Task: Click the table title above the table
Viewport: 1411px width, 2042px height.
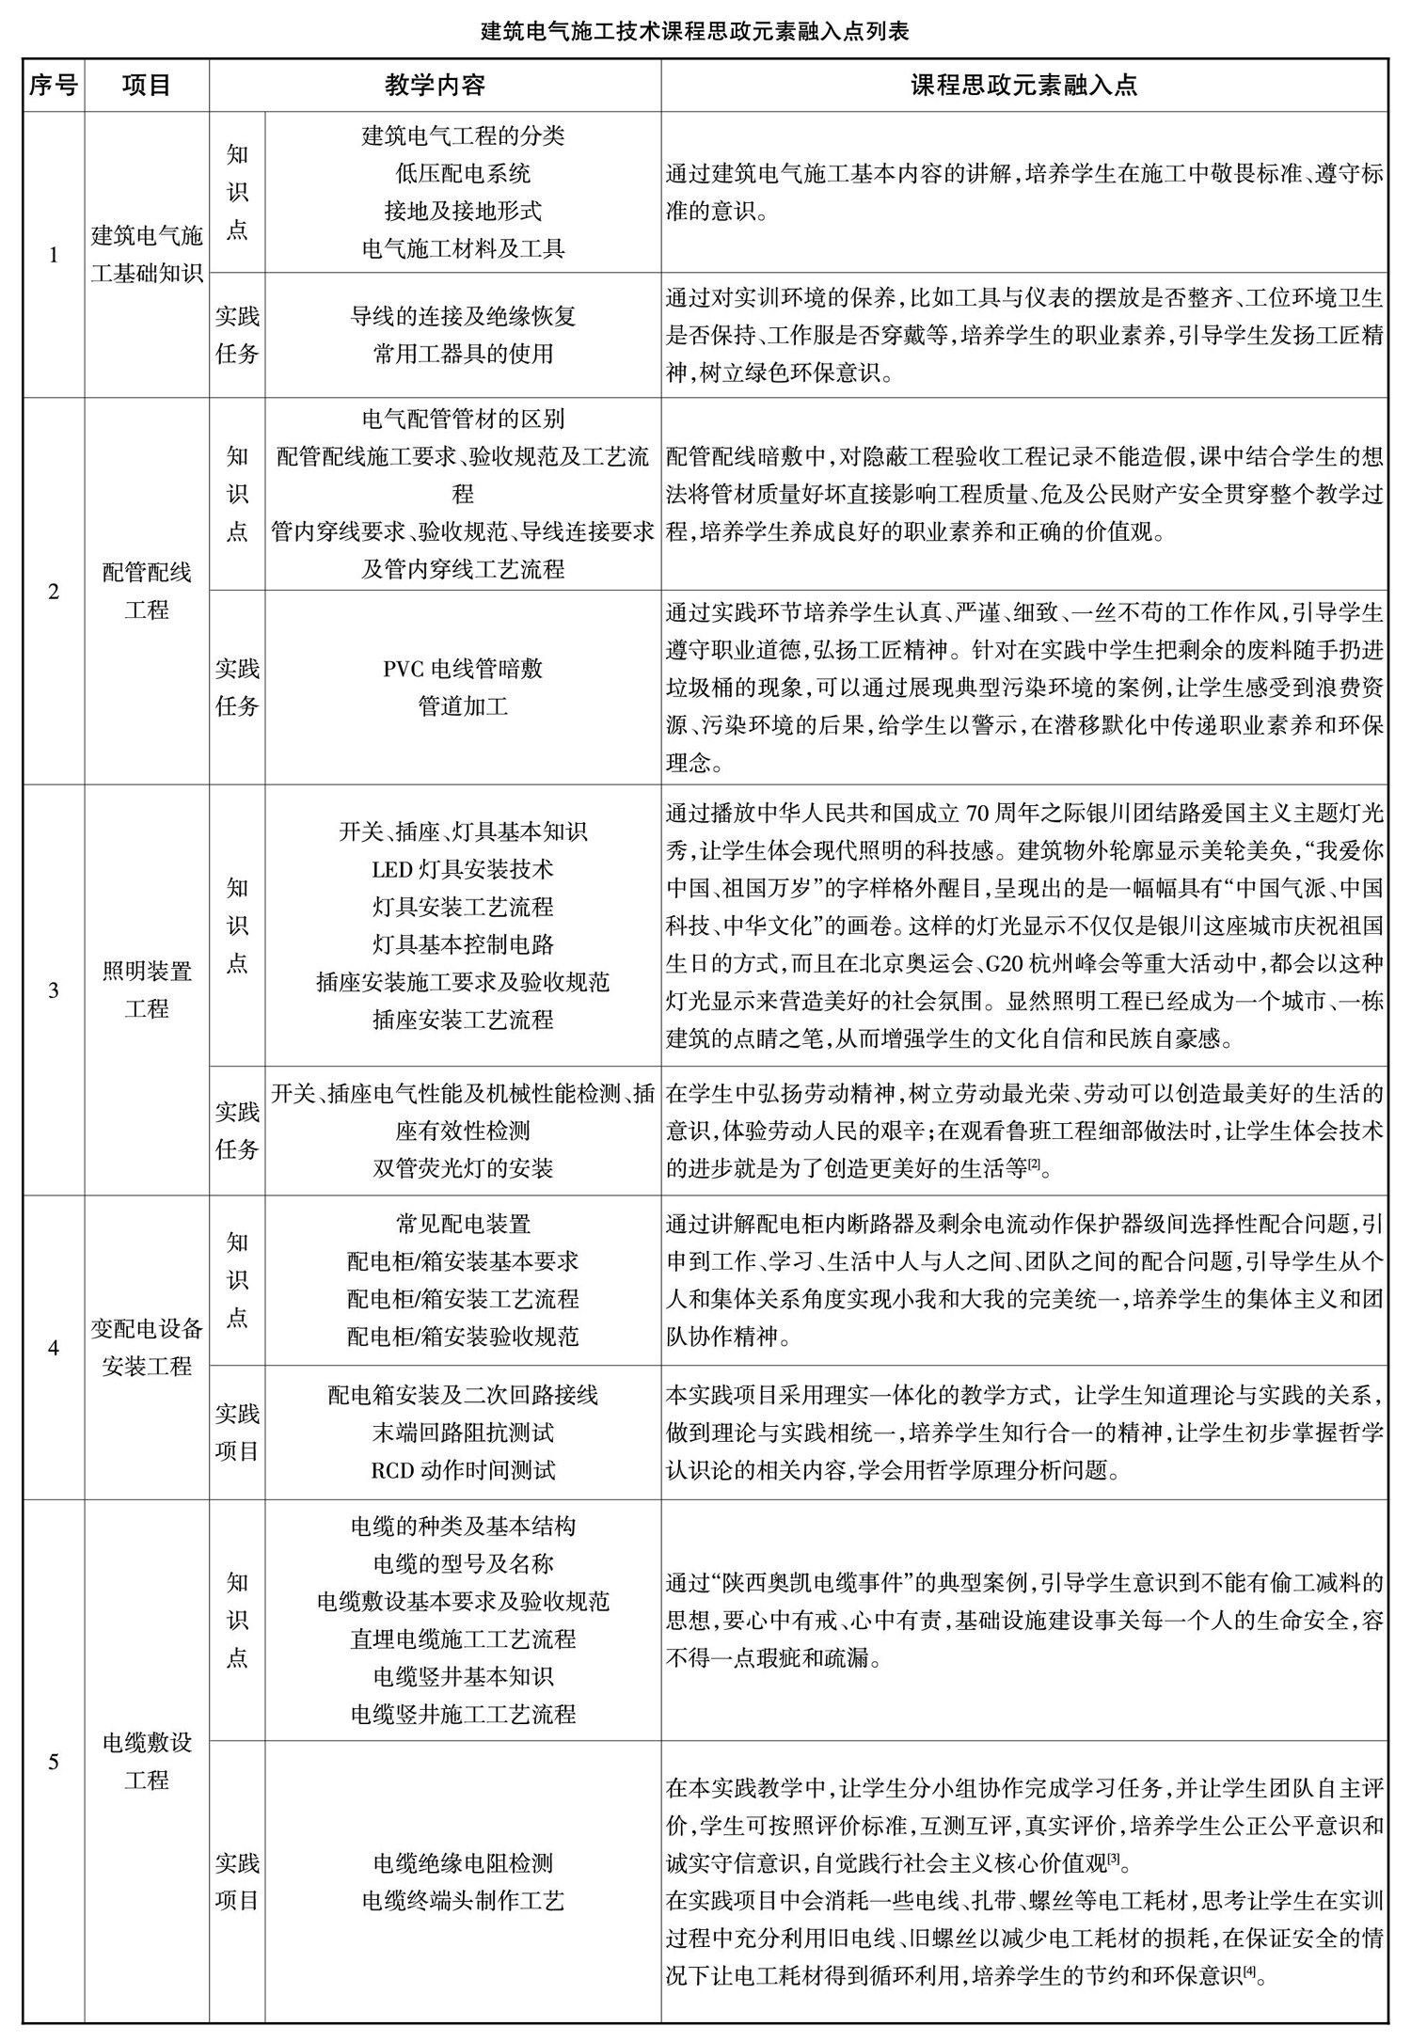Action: pos(694,32)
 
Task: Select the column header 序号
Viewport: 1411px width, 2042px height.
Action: pos(53,86)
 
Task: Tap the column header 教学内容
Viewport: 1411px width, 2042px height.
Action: pos(435,86)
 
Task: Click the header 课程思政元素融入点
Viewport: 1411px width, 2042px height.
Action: pos(1023,86)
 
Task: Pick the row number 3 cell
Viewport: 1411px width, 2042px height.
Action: pos(53,989)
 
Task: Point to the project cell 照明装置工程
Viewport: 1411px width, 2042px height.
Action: pos(147,989)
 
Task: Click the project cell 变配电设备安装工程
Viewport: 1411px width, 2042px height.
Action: pos(147,1347)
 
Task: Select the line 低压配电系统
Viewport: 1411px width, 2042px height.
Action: pos(463,173)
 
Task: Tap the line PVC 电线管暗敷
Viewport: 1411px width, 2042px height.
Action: pos(463,669)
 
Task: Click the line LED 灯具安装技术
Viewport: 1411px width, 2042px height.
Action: pos(463,869)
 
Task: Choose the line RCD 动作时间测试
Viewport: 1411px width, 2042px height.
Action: pos(463,1469)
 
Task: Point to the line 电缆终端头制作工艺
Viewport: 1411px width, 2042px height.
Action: pos(463,1901)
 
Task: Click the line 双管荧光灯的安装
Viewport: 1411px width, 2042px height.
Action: pos(463,1168)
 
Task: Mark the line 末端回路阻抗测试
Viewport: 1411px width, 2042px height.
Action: pos(463,1433)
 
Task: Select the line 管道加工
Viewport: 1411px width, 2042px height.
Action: pos(463,706)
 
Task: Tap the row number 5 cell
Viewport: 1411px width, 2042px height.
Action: pos(53,1761)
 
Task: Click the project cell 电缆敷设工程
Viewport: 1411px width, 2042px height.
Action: pos(147,1761)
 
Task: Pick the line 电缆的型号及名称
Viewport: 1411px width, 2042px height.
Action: pos(463,1564)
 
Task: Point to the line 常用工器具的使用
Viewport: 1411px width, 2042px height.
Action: pos(463,354)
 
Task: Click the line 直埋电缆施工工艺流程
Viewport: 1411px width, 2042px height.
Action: pos(463,1639)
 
